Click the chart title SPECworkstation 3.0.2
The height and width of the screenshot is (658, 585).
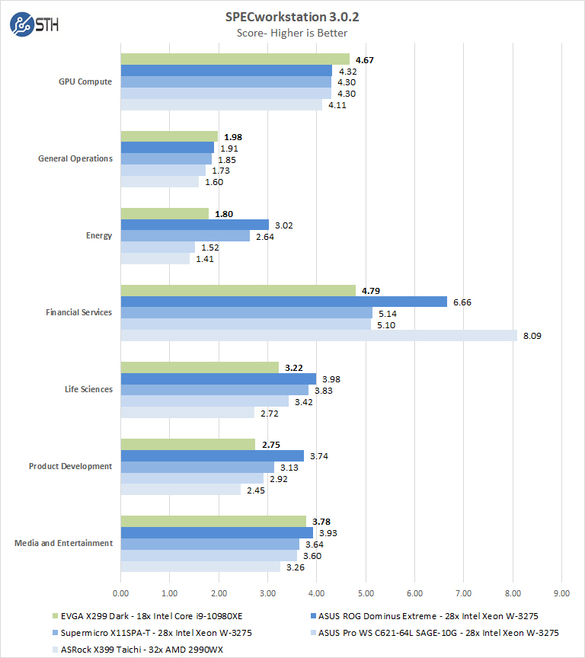pyautogui.click(x=292, y=17)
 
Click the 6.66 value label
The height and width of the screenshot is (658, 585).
pyautogui.click(x=462, y=302)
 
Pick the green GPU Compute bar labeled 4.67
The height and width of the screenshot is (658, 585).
pyautogui.click(x=235, y=59)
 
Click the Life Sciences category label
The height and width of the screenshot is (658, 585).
pyautogui.click(x=88, y=389)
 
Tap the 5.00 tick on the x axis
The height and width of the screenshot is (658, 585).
pyautogui.click(x=366, y=591)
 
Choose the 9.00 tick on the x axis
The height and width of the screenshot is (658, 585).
pyautogui.click(x=561, y=591)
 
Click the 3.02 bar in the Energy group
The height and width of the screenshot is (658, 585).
pyautogui.click(x=195, y=225)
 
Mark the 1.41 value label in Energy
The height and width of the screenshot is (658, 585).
pyautogui.click(x=204, y=259)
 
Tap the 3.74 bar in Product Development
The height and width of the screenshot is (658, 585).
pyautogui.click(x=213, y=455)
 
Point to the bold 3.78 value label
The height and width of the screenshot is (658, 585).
pyautogui.click(x=321, y=521)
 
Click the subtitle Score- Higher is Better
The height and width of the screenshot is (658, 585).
pyautogui.click(x=292, y=33)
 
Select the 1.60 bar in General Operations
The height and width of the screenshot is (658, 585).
pyautogui.click(x=160, y=182)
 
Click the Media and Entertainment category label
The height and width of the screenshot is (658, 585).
pyautogui.click(x=64, y=543)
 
